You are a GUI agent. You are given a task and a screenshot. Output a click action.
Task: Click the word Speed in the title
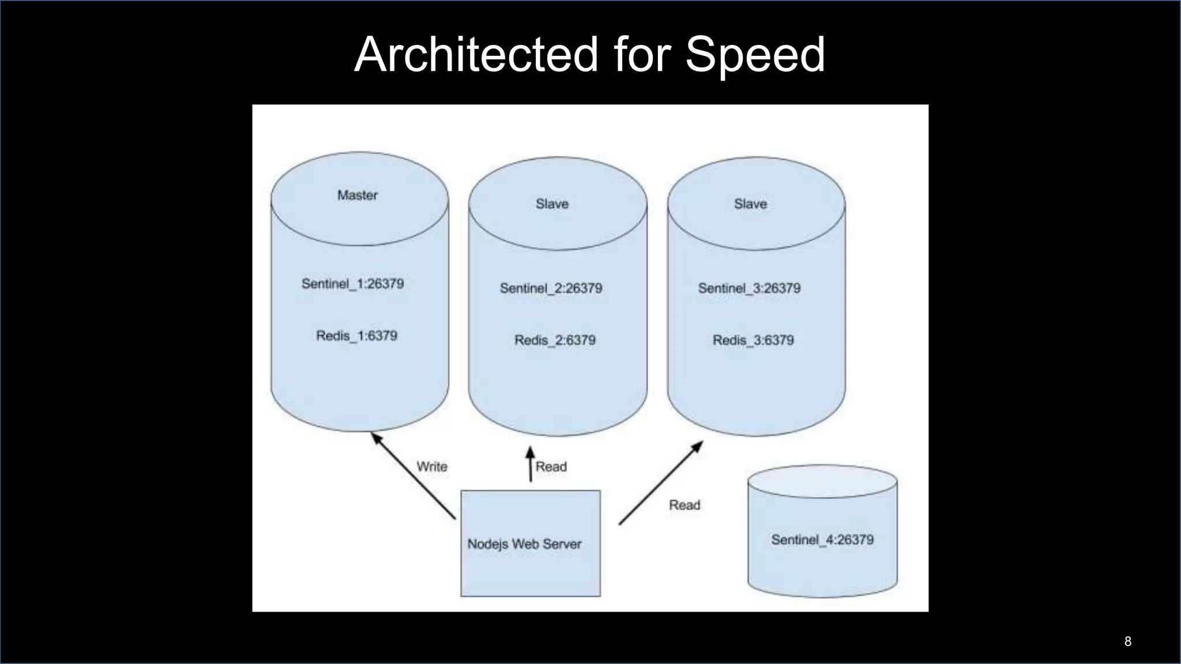tap(755, 55)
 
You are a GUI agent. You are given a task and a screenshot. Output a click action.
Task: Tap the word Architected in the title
tap(477, 54)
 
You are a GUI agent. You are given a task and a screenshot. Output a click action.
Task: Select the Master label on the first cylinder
tap(358, 195)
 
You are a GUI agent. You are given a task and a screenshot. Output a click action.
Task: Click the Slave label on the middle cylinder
tap(552, 204)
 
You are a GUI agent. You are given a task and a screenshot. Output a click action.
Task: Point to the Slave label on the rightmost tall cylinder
tap(750, 204)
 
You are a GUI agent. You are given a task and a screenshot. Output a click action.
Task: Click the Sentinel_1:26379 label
tap(352, 284)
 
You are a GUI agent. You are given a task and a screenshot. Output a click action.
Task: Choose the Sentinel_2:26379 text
tap(551, 288)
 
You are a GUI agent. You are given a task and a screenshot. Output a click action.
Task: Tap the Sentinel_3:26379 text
tap(749, 288)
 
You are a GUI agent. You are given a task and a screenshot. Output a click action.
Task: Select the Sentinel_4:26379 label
tap(822, 540)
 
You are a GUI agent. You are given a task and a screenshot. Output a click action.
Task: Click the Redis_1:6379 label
tap(356, 336)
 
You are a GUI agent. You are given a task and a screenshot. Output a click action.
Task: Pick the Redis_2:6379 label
tap(555, 341)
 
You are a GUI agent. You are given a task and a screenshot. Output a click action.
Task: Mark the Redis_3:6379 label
tap(753, 341)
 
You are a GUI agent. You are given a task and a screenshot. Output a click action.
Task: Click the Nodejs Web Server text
tap(524, 544)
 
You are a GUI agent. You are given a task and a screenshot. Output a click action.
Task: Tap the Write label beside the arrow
tap(432, 467)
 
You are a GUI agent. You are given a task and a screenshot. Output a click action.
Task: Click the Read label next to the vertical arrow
tap(551, 467)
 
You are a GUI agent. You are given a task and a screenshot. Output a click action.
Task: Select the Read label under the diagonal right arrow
tap(684, 505)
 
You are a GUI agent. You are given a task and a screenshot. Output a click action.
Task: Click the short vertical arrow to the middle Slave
tap(531, 463)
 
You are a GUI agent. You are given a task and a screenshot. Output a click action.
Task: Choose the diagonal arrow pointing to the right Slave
tap(661, 483)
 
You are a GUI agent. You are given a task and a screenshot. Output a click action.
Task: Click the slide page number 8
tap(1127, 642)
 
